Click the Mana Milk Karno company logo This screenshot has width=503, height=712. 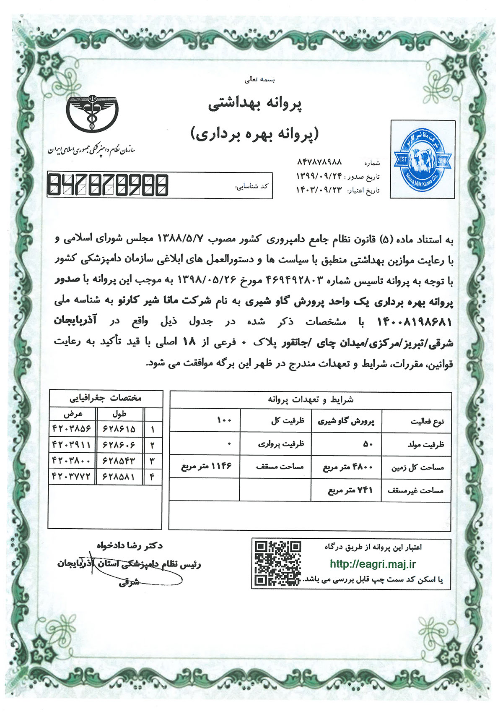pos(423,159)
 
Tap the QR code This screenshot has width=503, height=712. pos(278,563)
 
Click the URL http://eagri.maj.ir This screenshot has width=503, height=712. pos(373,564)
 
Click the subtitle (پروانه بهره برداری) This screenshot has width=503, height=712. pos(255,134)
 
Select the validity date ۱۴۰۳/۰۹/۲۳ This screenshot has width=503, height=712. pos(319,190)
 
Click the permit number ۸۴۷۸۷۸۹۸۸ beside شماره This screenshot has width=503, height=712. pos(319,162)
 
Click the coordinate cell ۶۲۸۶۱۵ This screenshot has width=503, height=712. pos(119,429)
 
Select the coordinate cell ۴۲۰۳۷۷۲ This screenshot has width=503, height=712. pos(72,476)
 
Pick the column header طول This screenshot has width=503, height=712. pos(119,414)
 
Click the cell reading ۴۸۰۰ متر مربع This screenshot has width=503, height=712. pos(347,467)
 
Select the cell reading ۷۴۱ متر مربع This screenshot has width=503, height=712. pos(350,490)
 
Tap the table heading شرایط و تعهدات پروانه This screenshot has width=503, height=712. pos(311,400)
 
